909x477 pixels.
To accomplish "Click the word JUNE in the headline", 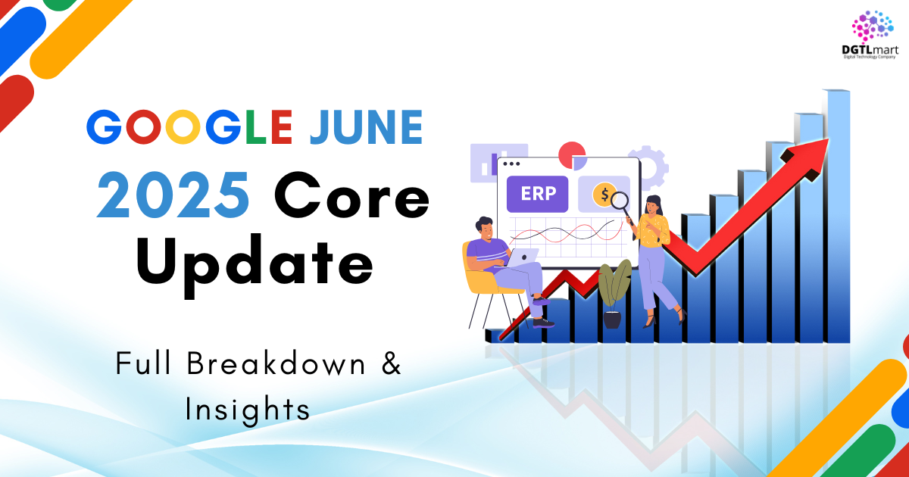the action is [x=367, y=127].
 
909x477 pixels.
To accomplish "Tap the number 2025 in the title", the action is [x=173, y=195].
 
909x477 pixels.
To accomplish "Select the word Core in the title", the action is [x=351, y=195].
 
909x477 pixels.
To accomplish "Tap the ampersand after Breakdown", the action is [x=391, y=363].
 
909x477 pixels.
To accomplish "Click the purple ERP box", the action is [x=537, y=194].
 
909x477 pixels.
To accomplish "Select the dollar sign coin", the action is [x=604, y=195].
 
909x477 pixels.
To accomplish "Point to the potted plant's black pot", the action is [x=612, y=320].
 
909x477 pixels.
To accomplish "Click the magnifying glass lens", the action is [x=620, y=200].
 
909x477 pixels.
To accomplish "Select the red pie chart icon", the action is [x=572, y=155].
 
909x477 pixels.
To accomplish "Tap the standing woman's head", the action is [x=652, y=206].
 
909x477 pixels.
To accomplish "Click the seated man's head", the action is [x=485, y=229].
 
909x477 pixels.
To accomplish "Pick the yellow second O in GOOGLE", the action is [x=183, y=127].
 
